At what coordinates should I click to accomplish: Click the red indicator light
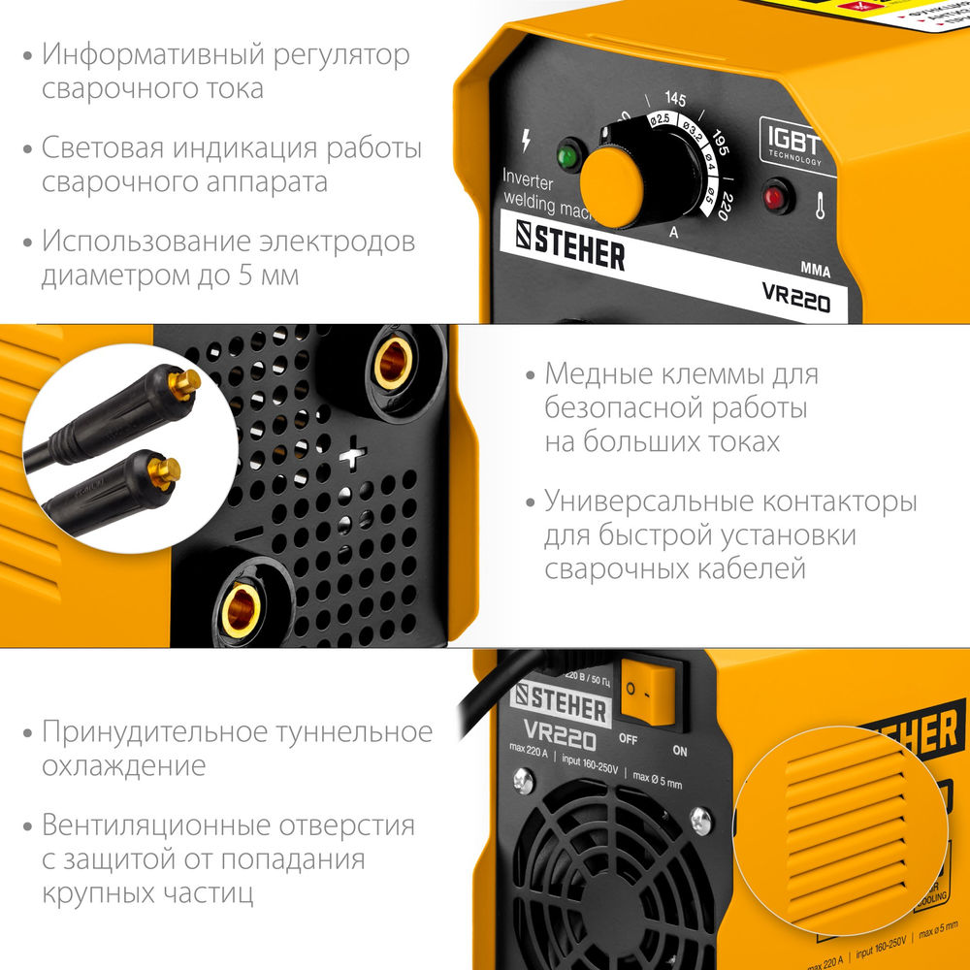pyautogui.click(x=774, y=198)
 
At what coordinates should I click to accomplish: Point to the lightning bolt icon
pyautogui.click(x=526, y=141)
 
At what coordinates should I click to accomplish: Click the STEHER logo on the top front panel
pyautogui.click(x=569, y=248)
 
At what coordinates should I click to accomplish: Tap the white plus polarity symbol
pyautogui.click(x=356, y=452)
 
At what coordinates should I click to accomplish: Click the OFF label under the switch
pyautogui.click(x=629, y=740)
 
